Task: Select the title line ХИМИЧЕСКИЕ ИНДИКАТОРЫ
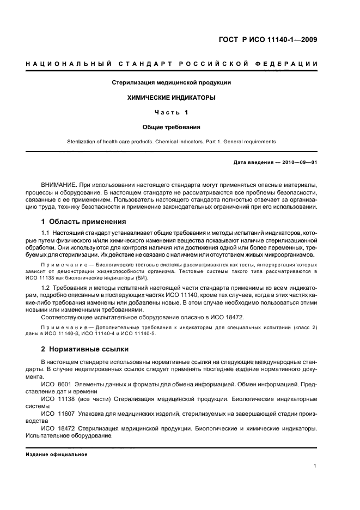coord(171,98)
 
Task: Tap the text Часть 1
coord(171,112)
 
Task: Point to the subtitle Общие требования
coord(171,127)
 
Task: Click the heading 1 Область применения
coord(84,222)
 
